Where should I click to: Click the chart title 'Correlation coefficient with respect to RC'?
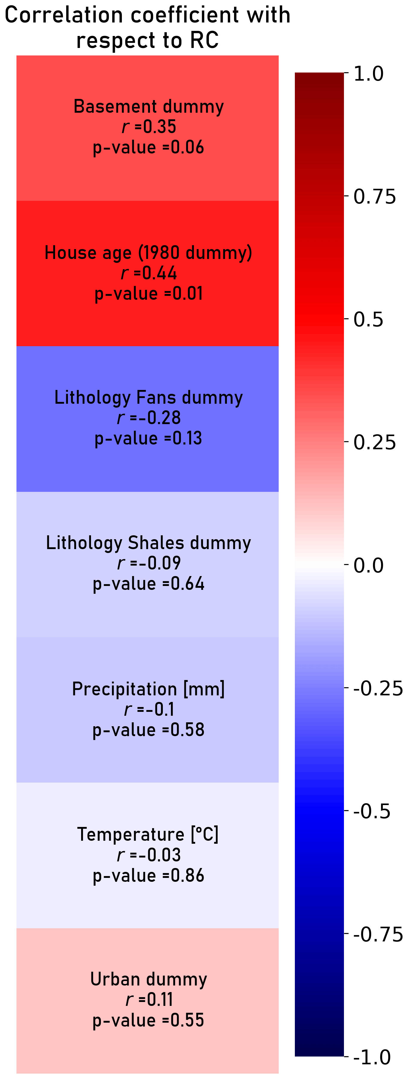[147, 28]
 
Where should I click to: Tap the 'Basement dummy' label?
[148, 106]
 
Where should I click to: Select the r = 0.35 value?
[148, 126]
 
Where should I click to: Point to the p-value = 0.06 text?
[148, 147]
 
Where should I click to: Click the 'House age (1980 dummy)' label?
[148, 253]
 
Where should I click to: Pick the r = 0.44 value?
[148, 273]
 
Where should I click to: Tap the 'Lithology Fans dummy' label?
[148, 397]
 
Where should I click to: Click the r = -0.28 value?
[148, 418]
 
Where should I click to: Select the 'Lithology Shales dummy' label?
[148, 543]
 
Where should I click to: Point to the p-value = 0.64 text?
[148, 584]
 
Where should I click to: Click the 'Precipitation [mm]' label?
[148, 689]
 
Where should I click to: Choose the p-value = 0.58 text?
[148, 730]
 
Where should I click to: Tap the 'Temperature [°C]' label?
[148, 834]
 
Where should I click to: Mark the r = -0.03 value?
[148, 855]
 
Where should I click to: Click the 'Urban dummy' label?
[148, 979]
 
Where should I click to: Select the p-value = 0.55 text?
[148, 1020]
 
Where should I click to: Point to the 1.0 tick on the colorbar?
[368, 74]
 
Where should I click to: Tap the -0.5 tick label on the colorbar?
[371, 811]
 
